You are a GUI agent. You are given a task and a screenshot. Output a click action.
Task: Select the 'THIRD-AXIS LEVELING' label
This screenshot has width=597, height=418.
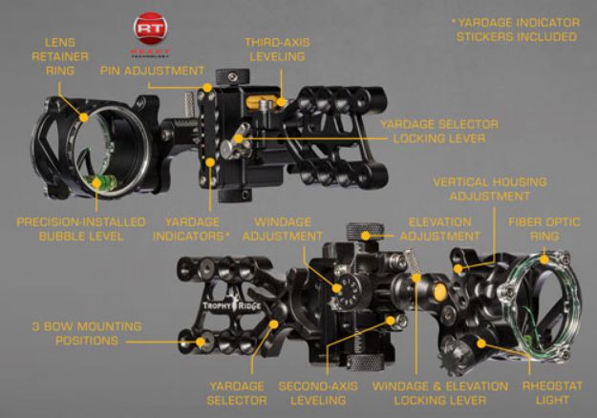275,50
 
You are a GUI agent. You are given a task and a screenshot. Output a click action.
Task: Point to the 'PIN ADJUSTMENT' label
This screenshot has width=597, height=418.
152,71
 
